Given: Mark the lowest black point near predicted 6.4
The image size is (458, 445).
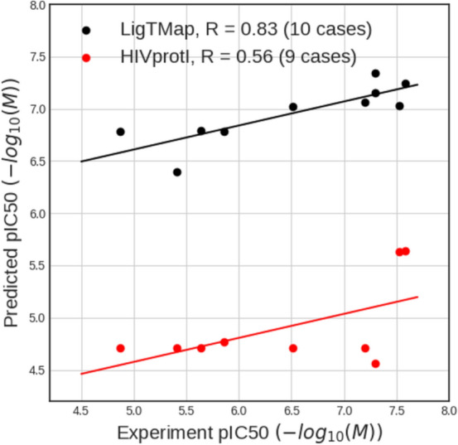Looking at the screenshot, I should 177,172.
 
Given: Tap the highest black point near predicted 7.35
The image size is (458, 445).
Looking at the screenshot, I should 375,74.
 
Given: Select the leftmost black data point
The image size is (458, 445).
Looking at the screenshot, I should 120,132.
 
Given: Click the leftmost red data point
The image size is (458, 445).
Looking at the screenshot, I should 120,348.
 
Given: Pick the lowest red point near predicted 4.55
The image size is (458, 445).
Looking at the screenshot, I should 375,364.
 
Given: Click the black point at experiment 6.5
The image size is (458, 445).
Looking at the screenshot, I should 293,107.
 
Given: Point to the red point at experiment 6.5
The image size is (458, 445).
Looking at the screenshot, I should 293,348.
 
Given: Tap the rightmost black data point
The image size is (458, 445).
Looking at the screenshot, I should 406,84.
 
